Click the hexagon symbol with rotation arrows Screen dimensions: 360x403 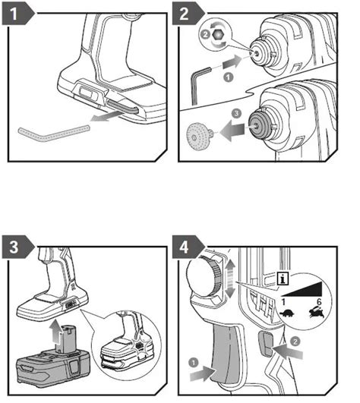point(218,35)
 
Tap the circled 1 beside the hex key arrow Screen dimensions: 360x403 point(228,77)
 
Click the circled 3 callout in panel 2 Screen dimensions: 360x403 point(236,113)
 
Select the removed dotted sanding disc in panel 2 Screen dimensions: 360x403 point(198,137)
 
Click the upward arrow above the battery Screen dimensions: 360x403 point(55,332)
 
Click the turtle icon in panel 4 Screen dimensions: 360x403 point(286,313)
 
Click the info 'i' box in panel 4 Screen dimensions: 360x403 point(283,279)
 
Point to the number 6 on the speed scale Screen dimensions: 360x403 point(319,301)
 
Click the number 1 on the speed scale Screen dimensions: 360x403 point(283,302)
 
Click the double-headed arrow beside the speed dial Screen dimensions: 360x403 point(231,279)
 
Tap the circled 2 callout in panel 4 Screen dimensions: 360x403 point(295,342)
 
